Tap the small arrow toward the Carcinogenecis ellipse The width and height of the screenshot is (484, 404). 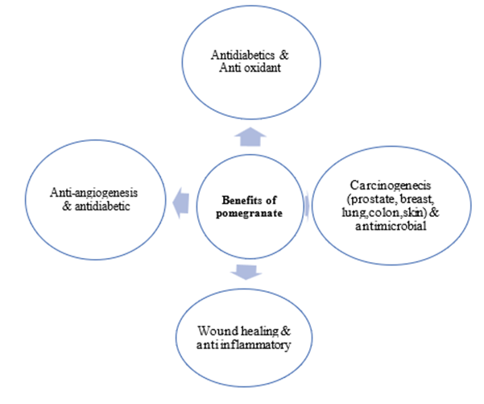click(308, 206)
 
